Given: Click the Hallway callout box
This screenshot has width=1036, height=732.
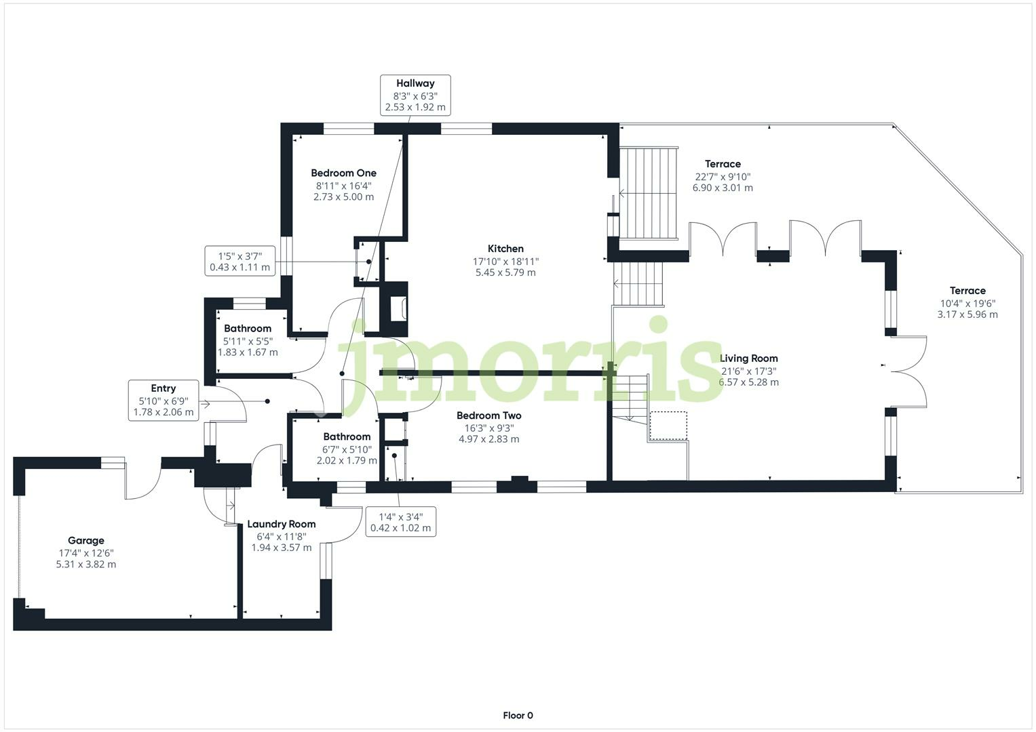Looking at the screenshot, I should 415,95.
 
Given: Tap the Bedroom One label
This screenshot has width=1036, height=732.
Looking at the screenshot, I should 343,174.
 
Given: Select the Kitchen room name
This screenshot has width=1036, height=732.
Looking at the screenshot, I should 505,249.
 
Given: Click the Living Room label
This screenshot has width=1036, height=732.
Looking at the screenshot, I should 748,359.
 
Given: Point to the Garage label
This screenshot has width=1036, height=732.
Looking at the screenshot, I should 86,541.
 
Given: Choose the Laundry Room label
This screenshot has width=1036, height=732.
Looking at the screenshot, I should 281,524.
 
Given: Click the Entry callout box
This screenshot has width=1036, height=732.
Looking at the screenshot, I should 163,400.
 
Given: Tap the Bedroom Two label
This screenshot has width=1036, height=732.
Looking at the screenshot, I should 488,415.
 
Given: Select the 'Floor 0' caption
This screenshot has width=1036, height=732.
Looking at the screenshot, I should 518,715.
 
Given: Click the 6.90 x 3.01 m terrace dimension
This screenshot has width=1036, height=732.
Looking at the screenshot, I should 723,188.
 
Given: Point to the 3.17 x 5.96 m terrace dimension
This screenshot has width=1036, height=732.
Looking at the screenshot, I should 967,314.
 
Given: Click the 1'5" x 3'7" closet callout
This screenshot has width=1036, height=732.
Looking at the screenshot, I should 239,261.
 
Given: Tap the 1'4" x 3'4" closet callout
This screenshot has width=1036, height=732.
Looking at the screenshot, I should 400,522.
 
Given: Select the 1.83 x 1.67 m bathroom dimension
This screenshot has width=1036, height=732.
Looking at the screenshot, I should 248,352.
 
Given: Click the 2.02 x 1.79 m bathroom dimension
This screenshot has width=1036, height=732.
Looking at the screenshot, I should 347,461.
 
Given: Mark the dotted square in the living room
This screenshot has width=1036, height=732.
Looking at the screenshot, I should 668,426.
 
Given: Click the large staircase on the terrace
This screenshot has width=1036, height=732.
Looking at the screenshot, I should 649,192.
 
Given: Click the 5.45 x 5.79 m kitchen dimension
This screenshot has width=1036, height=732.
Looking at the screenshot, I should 505,272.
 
